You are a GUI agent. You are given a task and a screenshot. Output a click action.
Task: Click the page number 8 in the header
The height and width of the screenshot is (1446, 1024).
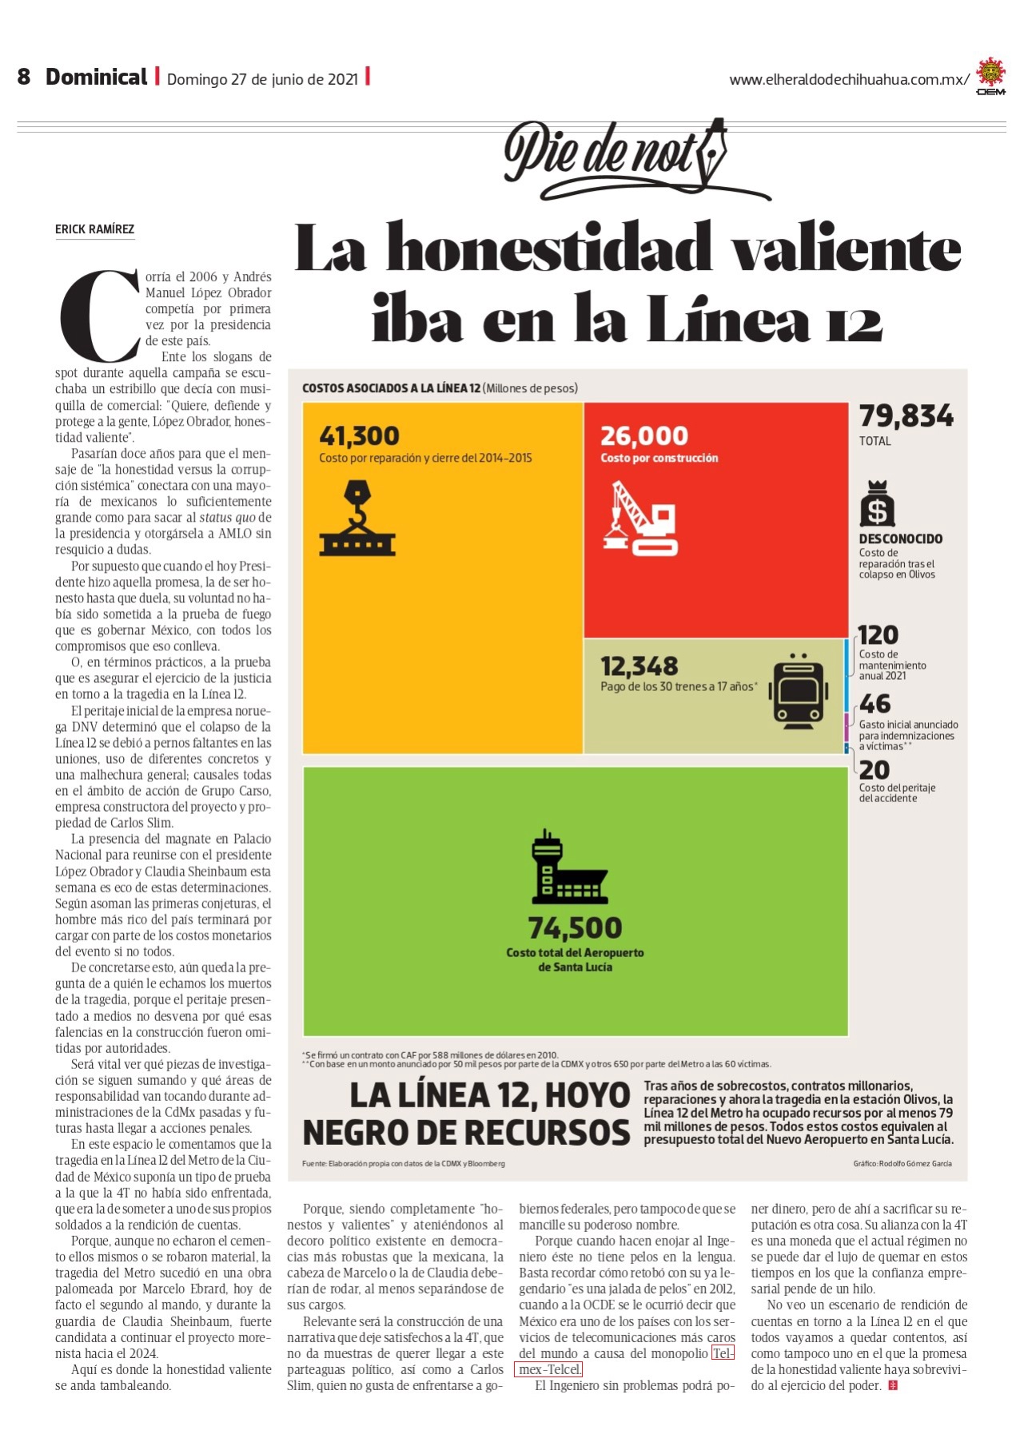[x=24, y=77]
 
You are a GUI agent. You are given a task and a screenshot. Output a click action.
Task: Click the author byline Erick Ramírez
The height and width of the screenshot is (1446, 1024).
[x=94, y=229]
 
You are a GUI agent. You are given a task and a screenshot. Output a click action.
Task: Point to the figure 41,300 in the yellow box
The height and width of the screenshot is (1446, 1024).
[x=359, y=436]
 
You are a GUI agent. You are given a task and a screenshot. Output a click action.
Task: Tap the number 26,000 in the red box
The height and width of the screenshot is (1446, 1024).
[x=644, y=436]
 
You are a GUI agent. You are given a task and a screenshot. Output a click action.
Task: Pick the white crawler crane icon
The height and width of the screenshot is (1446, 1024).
[x=640, y=518]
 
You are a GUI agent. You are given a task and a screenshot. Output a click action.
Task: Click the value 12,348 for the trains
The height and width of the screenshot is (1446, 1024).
[x=640, y=666]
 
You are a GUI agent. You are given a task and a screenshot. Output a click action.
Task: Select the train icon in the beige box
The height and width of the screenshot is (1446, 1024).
[x=798, y=692]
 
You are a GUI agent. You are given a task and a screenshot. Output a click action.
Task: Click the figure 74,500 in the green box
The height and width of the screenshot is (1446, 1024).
[x=575, y=928]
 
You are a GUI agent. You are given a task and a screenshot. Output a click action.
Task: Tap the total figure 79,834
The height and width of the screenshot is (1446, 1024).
[x=906, y=416]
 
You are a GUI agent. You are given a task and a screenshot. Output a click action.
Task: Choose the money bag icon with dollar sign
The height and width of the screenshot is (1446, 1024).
[x=877, y=503]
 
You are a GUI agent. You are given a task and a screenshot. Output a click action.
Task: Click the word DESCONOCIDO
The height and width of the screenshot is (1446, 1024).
[x=901, y=539]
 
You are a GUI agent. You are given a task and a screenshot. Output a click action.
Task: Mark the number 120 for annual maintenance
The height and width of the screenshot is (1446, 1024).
[x=878, y=635]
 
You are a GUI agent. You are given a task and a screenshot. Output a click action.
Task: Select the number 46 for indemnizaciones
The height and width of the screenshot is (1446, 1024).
[x=875, y=704]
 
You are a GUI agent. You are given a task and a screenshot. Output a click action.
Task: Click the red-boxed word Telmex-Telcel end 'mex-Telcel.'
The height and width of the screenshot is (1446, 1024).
[x=548, y=1369]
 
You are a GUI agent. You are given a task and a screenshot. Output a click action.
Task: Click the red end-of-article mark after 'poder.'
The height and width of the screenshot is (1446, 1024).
[x=893, y=1386]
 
